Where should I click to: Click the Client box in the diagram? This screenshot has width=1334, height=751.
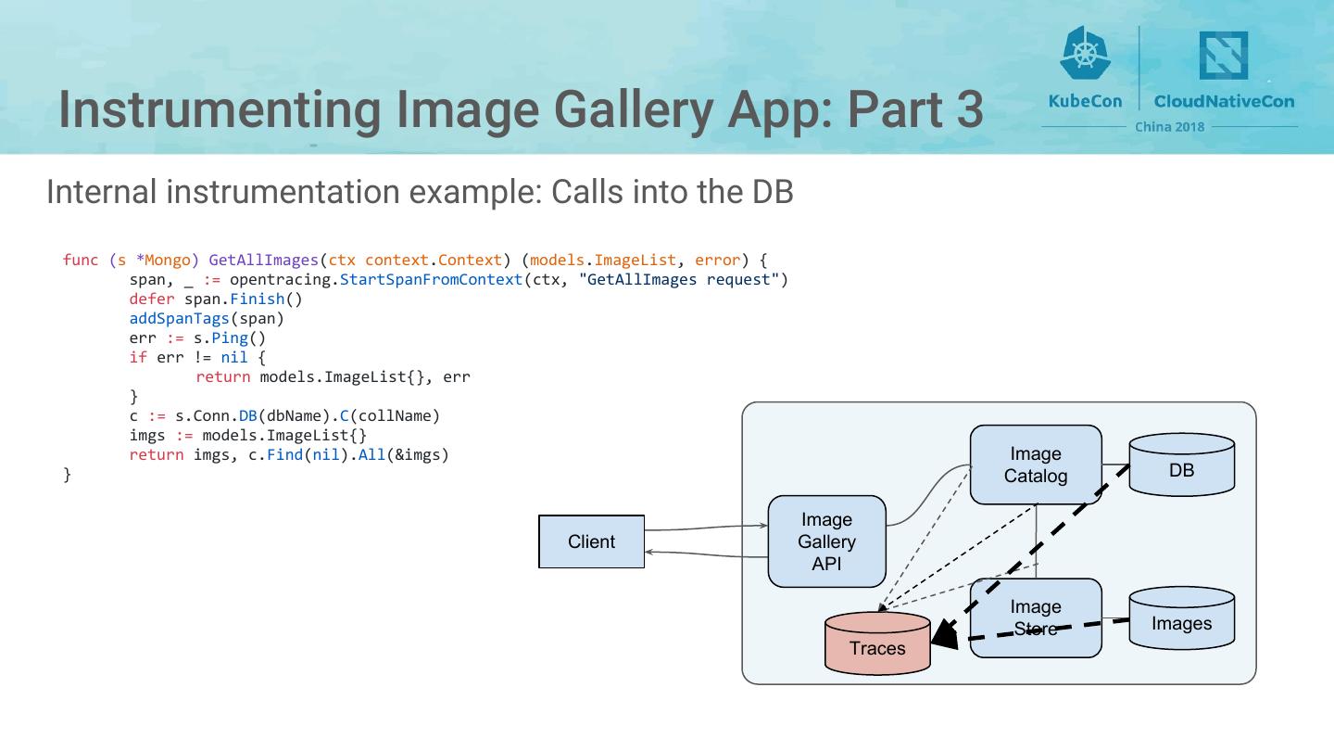(x=591, y=541)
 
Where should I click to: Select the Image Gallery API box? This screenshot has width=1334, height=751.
(x=826, y=541)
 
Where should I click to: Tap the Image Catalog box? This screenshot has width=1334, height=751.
(x=1035, y=465)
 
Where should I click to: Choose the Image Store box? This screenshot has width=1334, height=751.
(x=1035, y=617)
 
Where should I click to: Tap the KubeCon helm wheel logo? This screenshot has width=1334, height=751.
(x=1084, y=52)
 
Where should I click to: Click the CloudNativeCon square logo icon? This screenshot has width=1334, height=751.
(x=1223, y=55)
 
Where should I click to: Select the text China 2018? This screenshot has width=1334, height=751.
(x=1169, y=127)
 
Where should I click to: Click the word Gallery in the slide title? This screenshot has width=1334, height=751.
(x=634, y=109)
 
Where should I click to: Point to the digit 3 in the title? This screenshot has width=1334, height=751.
(x=966, y=109)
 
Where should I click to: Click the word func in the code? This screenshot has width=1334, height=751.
(x=81, y=261)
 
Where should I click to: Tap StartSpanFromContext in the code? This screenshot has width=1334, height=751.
(x=431, y=280)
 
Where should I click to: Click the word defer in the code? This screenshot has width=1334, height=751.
(x=152, y=299)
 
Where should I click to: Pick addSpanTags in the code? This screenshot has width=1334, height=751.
(x=179, y=319)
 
